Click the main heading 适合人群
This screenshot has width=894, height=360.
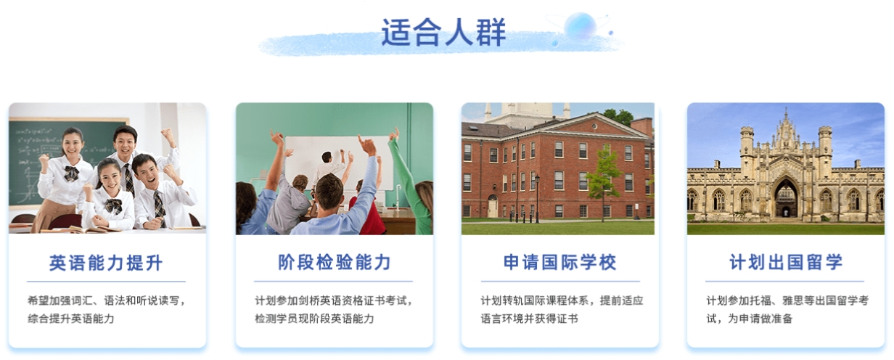pos(443,33)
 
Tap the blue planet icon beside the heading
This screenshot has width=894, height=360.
pos(581,26)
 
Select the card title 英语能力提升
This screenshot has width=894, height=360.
pos(106,263)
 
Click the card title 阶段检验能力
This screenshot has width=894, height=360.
pos(335,262)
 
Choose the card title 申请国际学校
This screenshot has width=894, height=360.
pos(559,262)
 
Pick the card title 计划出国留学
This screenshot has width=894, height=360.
pos(785,262)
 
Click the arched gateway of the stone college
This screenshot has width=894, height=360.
pos(785,197)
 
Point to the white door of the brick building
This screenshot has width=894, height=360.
pos(493,208)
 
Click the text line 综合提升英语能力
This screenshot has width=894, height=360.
pos(71,319)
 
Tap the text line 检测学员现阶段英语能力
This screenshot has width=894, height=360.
pos(314,319)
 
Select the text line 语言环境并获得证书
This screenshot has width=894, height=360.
pos(529,319)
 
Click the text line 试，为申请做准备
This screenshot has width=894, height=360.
pos(749,319)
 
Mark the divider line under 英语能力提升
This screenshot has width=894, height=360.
pos(106,282)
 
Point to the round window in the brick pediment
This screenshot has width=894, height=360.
pos(594,126)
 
